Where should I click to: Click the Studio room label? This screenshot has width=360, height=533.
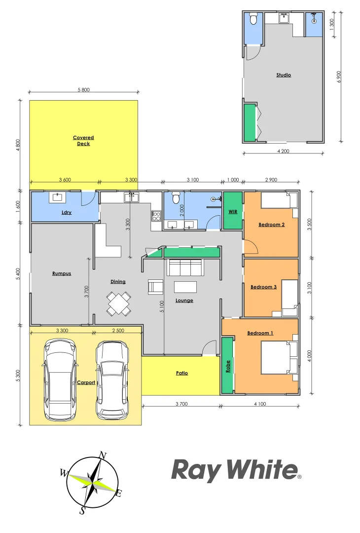tap(284, 75)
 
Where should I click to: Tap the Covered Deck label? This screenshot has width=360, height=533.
tap(83, 141)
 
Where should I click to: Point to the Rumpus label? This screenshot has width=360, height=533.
tap(62, 273)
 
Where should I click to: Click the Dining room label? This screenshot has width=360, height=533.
tap(118, 282)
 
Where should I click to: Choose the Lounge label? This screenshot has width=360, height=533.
tap(184, 300)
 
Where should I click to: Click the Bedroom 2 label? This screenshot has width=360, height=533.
tap(272, 225)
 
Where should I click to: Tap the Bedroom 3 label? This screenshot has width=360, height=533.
tap(263, 287)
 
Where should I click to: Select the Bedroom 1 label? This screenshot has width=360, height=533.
tap(260, 333)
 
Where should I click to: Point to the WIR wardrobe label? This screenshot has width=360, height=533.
tap(233, 211)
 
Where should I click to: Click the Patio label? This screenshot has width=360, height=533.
tap(182, 373)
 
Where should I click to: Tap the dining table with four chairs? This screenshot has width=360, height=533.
tap(119, 304)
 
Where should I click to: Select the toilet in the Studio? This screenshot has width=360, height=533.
tap(253, 19)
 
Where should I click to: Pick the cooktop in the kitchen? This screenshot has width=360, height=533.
tap(156, 216)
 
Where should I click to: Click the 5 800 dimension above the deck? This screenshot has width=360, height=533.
tap(84, 90)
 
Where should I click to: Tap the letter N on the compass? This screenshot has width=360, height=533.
tap(103, 455)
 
